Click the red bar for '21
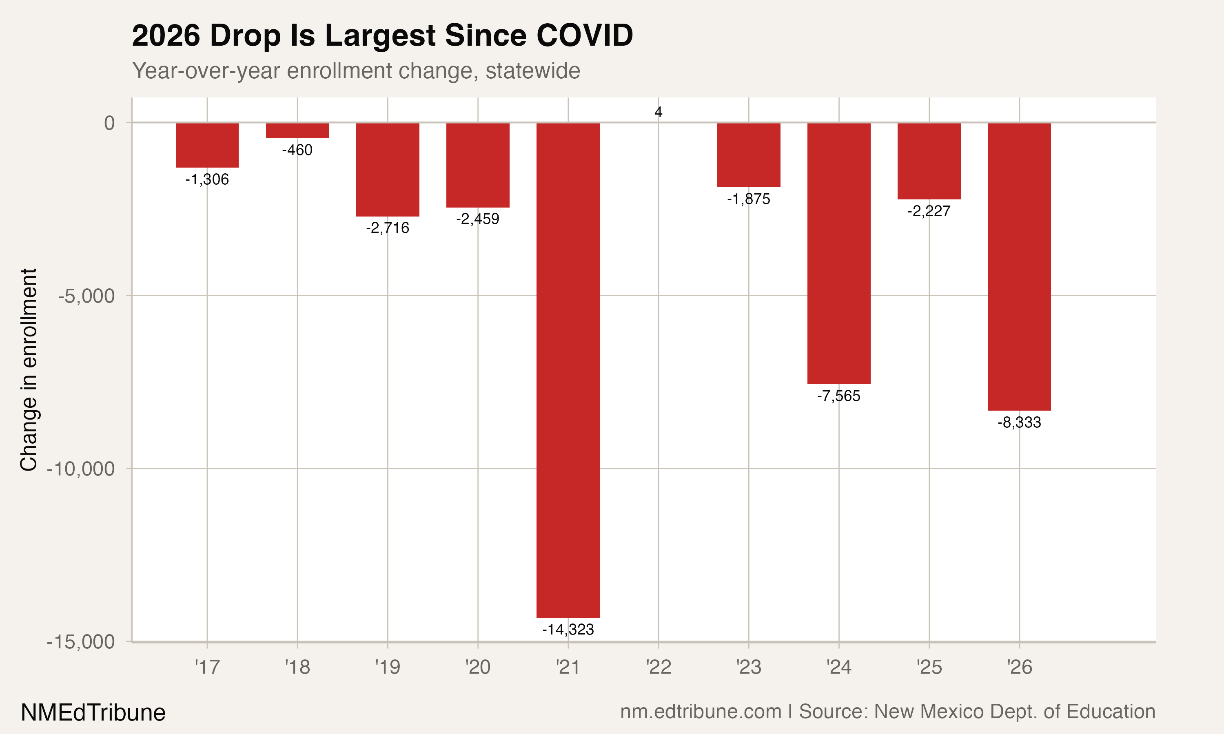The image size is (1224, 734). (x=568, y=370)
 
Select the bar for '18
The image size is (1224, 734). (x=297, y=130)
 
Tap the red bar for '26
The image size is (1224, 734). (x=1019, y=267)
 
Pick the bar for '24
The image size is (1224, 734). (x=838, y=253)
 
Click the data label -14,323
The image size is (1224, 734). (x=568, y=630)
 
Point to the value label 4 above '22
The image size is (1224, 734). (x=658, y=112)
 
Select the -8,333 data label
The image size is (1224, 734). (x=1019, y=423)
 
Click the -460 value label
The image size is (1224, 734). (x=297, y=150)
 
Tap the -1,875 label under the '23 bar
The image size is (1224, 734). (x=749, y=199)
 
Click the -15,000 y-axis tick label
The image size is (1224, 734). (x=81, y=642)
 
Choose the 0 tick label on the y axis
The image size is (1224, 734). (x=109, y=123)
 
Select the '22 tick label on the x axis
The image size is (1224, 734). (x=659, y=668)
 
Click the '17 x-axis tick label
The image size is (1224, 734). (x=207, y=668)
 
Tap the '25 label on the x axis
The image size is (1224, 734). (x=929, y=668)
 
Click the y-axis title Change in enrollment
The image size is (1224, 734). (x=29, y=369)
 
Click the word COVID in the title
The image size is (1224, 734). (x=584, y=35)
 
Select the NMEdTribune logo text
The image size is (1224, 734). (x=93, y=713)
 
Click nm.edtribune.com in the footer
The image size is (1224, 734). (x=701, y=712)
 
